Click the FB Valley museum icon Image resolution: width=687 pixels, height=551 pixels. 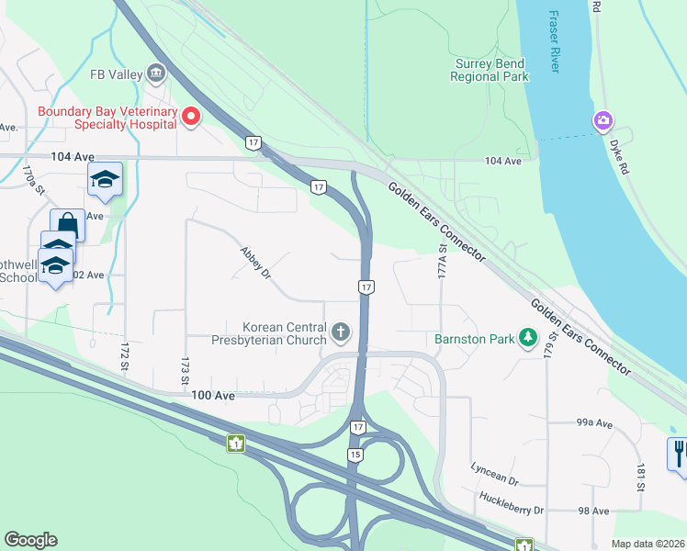click(155, 73)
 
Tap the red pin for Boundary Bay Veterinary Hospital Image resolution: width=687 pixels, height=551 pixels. click(191, 116)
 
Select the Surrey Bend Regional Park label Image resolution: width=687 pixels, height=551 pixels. click(490, 70)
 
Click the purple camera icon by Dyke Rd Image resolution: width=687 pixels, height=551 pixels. click(603, 120)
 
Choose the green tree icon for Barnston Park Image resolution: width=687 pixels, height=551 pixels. click(527, 339)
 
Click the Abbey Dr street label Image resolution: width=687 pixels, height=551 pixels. click(255, 263)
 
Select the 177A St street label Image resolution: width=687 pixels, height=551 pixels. click(442, 260)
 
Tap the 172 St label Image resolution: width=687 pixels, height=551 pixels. click(124, 357)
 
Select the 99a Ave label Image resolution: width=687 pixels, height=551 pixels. click(594, 423)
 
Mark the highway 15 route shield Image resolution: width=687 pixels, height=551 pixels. click(354, 455)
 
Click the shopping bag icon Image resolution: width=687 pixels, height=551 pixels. click(67, 223)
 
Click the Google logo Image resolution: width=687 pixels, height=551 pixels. click(30, 540)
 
